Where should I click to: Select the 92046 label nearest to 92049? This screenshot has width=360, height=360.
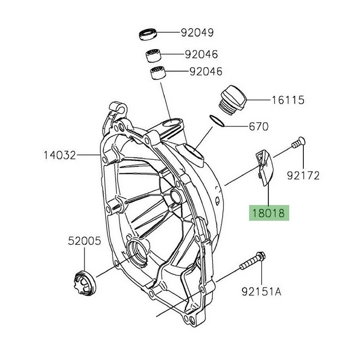(201, 55)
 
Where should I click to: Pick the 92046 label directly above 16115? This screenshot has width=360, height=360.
(205, 71)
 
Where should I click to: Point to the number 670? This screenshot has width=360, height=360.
(258, 127)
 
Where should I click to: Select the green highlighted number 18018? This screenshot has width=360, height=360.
(267, 213)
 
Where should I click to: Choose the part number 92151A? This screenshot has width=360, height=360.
(261, 292)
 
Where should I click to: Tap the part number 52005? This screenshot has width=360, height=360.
(85, 240)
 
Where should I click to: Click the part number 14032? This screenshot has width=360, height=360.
(60, 155)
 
